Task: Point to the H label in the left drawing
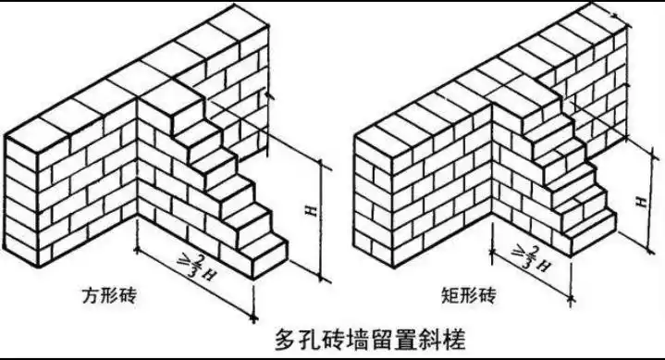tap(312, 213)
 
